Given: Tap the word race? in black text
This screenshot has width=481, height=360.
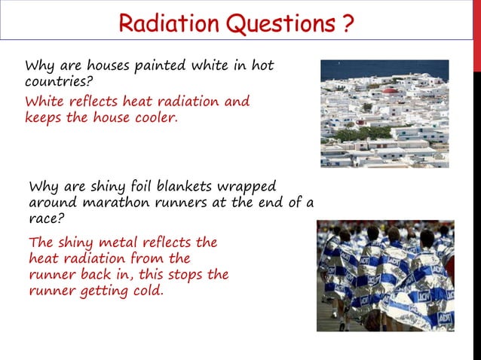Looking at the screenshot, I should (46, 221).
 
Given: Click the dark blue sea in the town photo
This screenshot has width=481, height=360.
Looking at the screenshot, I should (384, 69).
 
